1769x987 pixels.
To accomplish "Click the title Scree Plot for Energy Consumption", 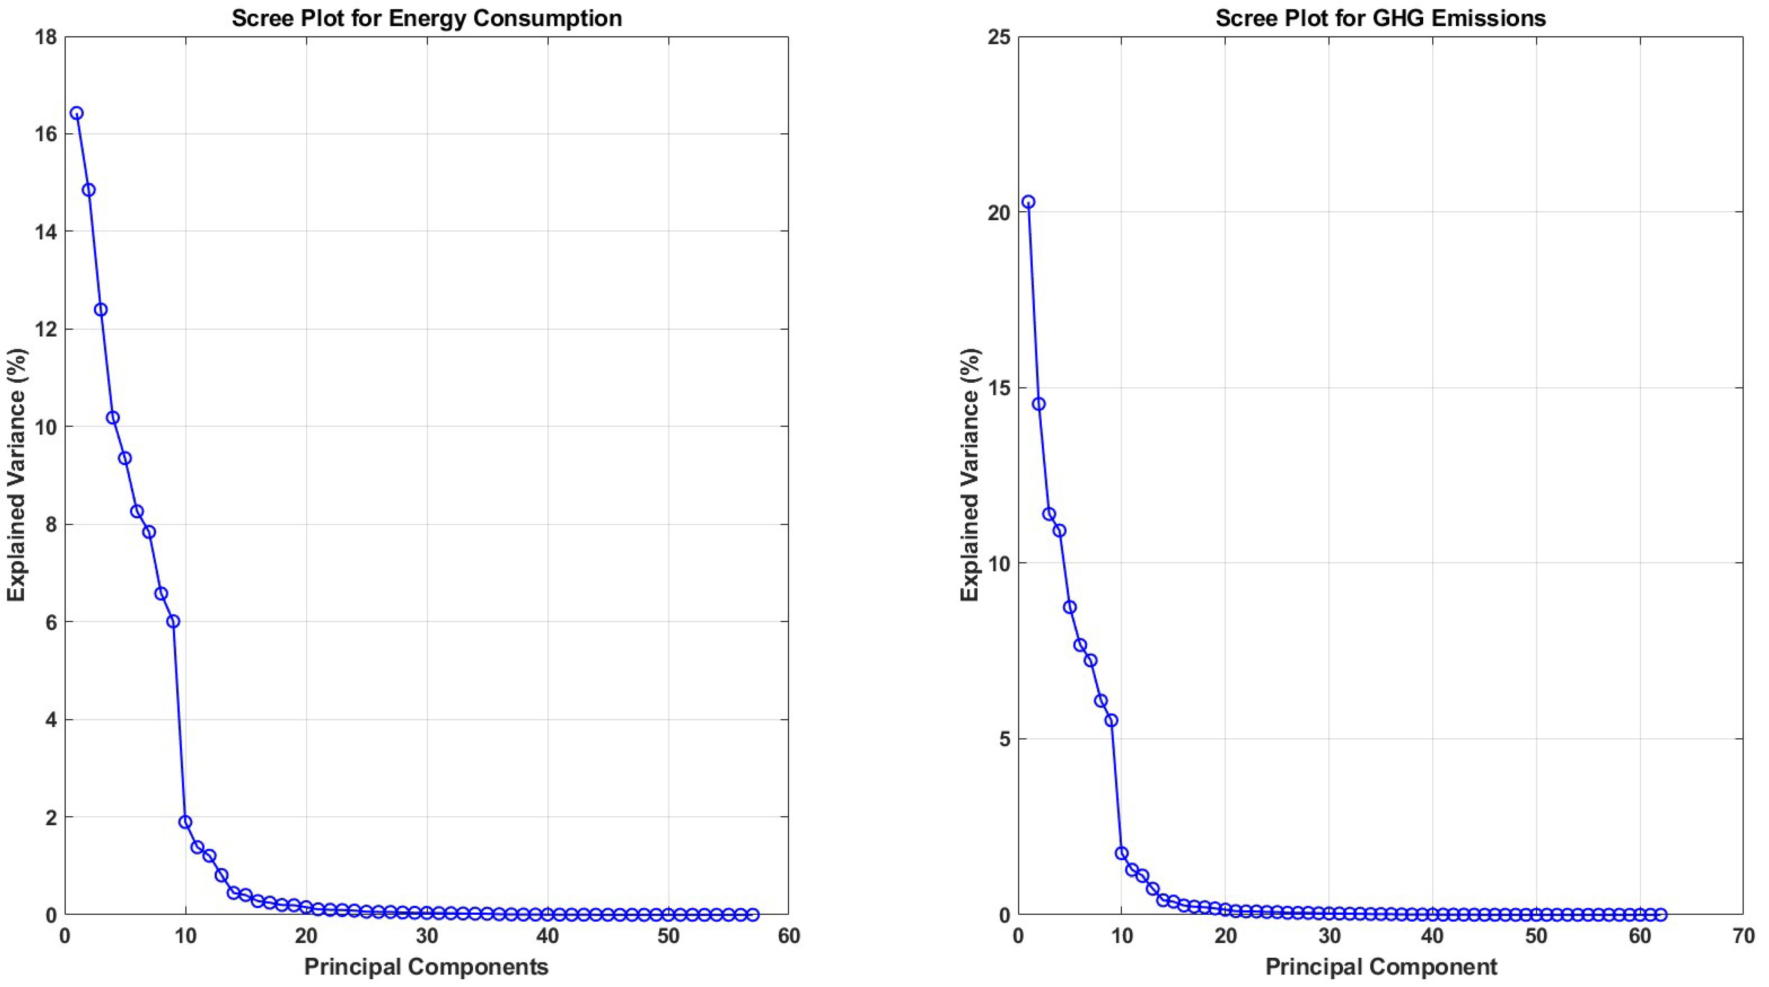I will [x=427, y=18].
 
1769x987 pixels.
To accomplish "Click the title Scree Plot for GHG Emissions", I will [x=1380, y=18].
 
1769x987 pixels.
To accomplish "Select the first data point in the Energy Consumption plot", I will [x=77, y=114].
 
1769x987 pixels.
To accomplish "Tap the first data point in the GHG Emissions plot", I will [x=1028, y=202].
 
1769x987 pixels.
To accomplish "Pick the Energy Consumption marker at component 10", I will [x=185, y=822].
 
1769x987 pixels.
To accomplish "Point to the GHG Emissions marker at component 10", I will [x=1121, y=853].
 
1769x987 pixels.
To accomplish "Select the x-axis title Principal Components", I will [x=427, y=967].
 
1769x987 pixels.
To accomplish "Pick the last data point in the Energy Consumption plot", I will [x=753, y=914].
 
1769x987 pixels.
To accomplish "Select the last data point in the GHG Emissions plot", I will [x=1661, y=914].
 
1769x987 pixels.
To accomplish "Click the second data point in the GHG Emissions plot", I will [x=1038, y=404].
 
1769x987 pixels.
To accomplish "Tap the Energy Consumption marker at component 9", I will [x=173, y=621].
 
